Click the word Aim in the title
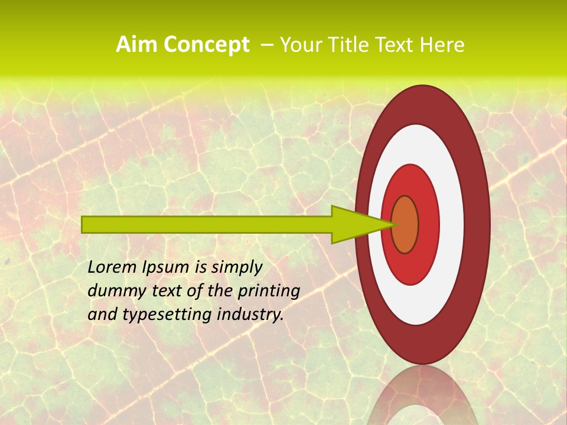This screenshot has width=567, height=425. pos(136,45)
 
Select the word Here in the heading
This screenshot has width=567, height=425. pos(442,45)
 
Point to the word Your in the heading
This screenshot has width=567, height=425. pos(301,45)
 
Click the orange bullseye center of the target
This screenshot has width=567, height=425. pos(405,224)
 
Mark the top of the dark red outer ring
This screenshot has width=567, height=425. pos(423,103)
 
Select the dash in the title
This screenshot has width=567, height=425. pos(265,45)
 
